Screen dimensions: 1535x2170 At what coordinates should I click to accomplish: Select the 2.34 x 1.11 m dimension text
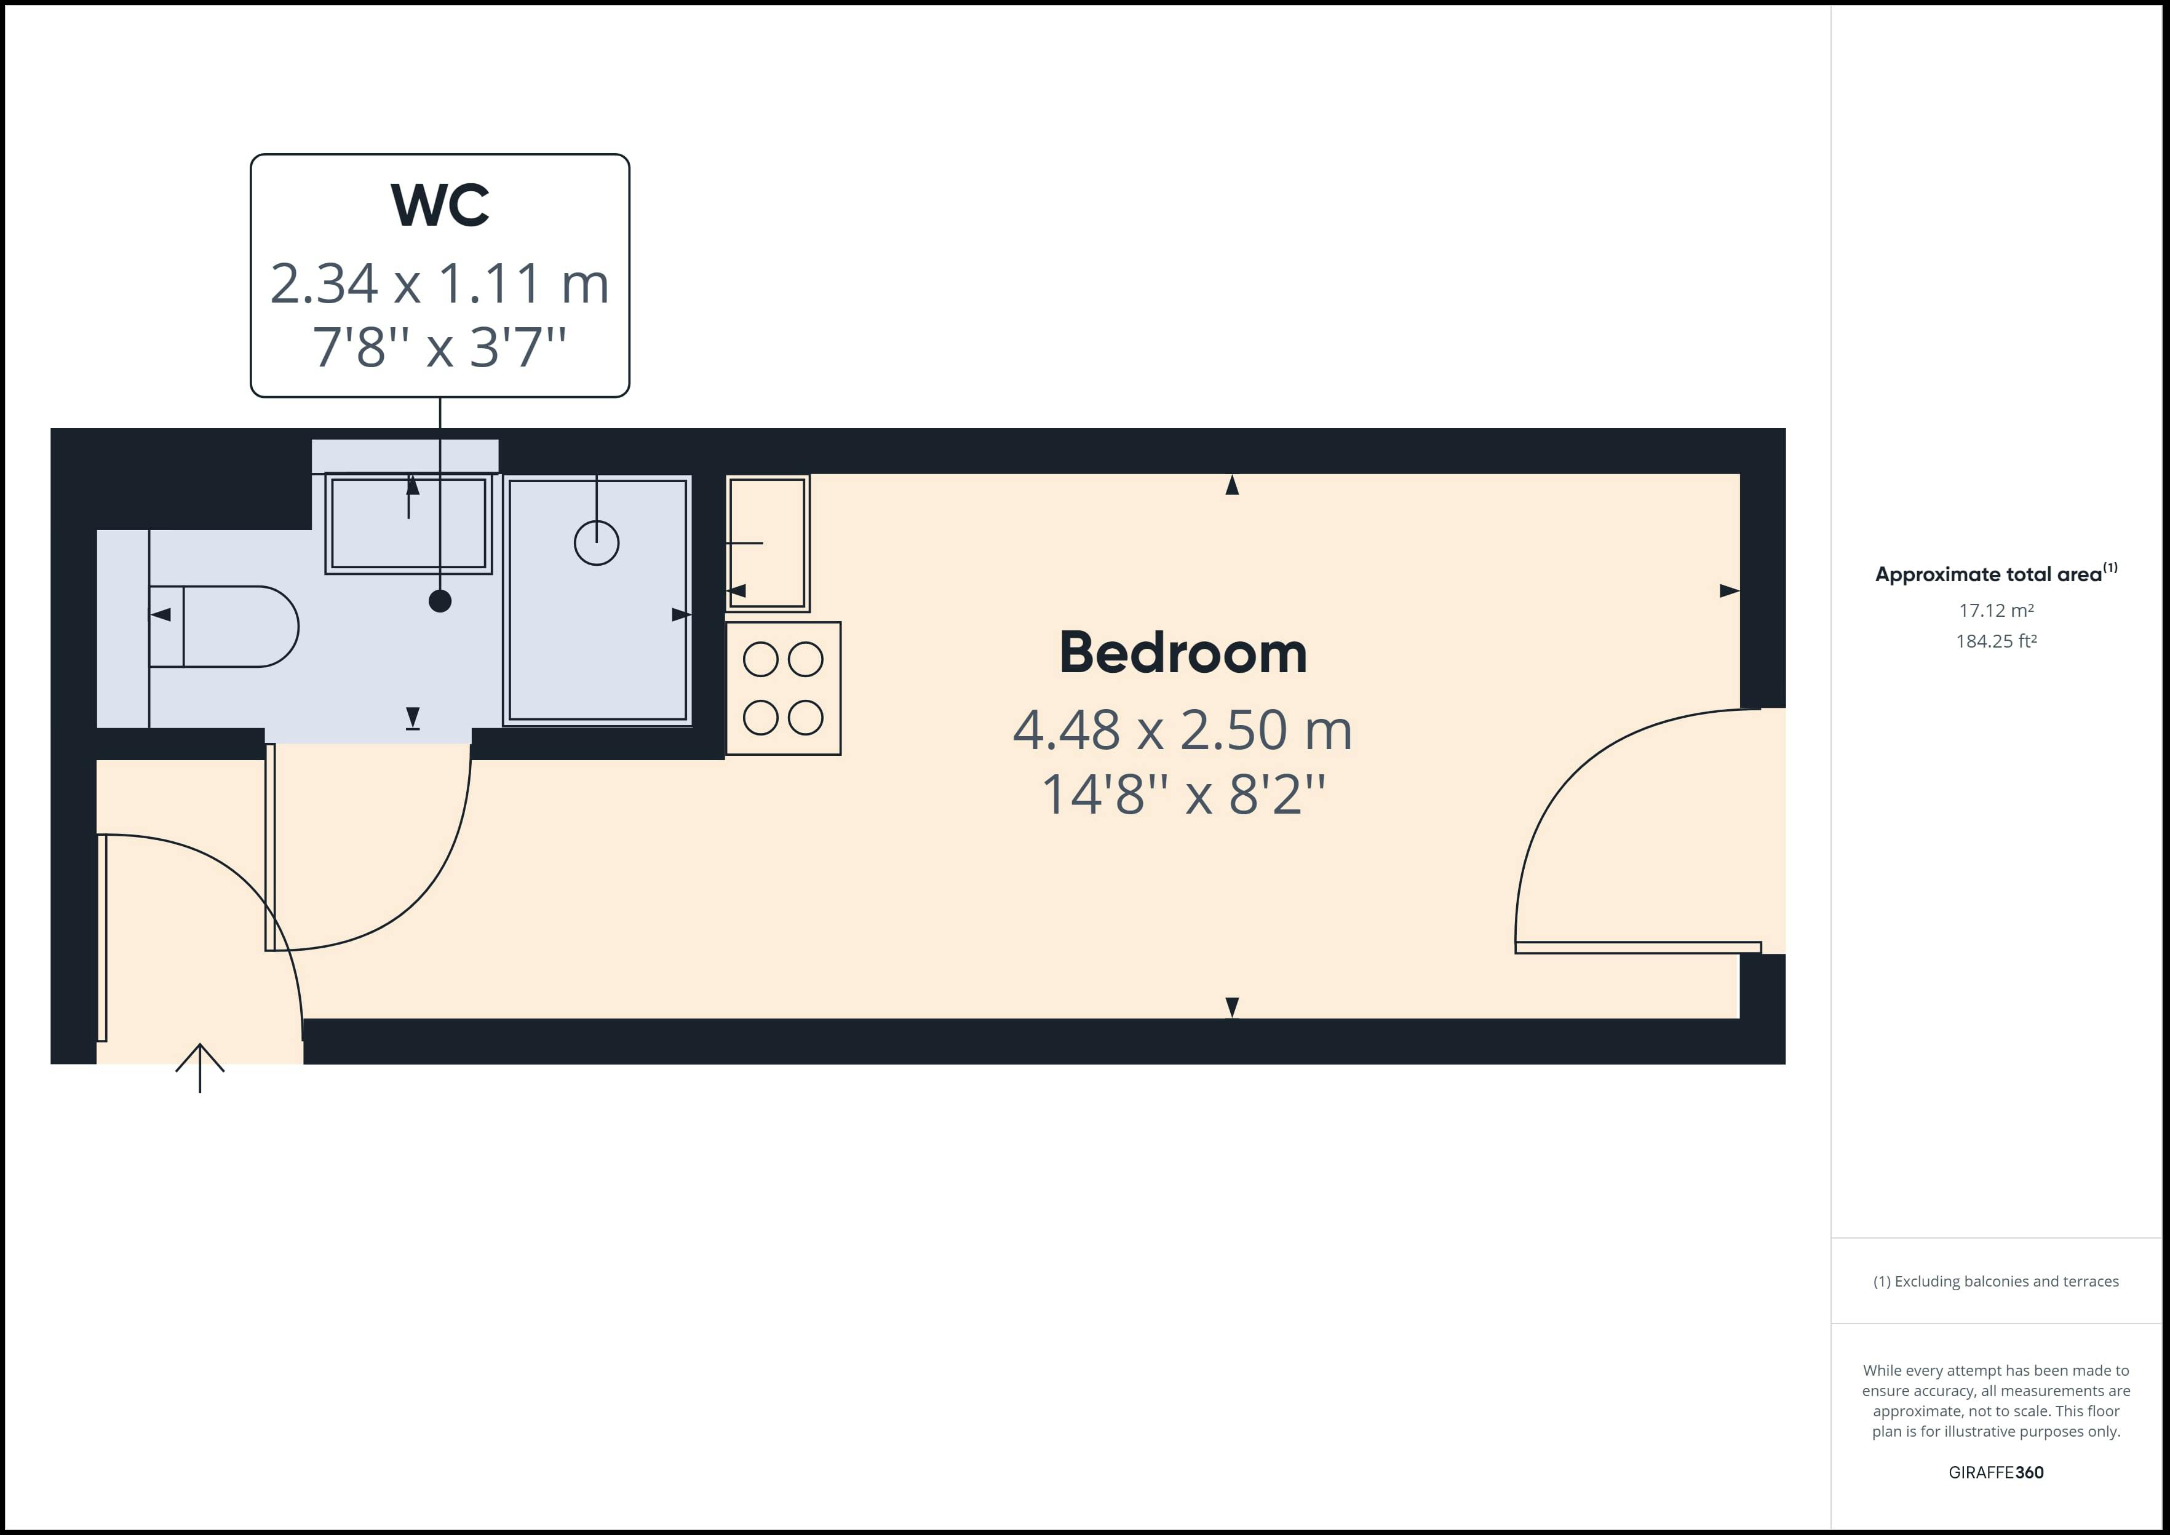pyautogui.click(x=440, y=284)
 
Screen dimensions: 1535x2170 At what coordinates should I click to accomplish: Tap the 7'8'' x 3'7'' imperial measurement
pyautogui.click(x=440, y=347)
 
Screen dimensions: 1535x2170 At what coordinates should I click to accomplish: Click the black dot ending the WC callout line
pyautogui.click(x=440, y=601)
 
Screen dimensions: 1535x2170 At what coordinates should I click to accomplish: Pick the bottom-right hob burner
pyautogui.click(x=805, y=718)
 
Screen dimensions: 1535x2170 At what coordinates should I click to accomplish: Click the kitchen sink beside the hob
pyautogui.click(x=768, y=542)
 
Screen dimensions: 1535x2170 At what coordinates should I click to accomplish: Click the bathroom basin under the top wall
pyautogui.click(x=408, y=523)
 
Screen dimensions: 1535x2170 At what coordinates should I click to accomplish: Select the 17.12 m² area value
pyautogui.click(x=1996, y=611)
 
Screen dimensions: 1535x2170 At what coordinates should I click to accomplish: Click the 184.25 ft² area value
pyautogui.click(x=1996, y=641)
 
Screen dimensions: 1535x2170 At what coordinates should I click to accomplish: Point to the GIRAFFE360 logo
pyautogui.click(x=1996, y=1472)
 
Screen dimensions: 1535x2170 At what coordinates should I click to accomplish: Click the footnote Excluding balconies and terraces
pyautogui.click(x=1996, y=1282)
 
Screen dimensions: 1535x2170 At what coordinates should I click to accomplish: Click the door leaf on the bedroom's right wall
pyautogui.click(x=1638, y=947)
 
